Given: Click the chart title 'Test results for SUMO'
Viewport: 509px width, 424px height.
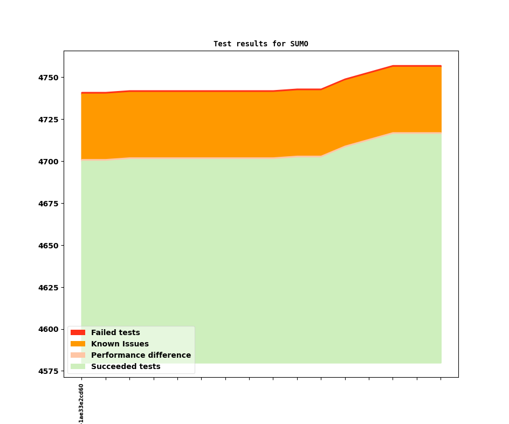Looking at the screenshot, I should coord(260,44).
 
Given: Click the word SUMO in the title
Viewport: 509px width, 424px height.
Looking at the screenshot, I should coord(299,44).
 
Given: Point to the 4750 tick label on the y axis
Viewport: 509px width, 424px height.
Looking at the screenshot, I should coord(49,78).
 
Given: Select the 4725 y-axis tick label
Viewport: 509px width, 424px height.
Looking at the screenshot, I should coord(49,120).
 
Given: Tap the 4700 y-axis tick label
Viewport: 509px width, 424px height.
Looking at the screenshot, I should coord(49,162).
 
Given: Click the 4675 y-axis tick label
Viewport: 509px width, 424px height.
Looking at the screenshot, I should coord(49,204).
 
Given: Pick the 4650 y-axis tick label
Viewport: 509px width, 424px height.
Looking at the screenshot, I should coord(49,246).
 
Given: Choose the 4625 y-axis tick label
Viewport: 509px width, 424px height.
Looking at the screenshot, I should coord(49,288).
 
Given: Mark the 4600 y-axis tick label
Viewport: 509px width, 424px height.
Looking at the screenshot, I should coord(49,330).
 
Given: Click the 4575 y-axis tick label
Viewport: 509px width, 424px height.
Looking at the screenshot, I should coord(49,371).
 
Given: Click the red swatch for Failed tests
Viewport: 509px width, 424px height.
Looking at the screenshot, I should coord(78,332).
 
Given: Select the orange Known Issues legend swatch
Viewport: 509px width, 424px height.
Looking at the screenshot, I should coord(78,344).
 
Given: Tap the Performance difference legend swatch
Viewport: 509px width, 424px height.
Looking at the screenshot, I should coord(78,355).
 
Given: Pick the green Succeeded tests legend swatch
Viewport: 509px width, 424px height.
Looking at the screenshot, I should coord(78,366).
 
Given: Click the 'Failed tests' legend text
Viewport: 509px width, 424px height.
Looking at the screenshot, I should coord(115,332).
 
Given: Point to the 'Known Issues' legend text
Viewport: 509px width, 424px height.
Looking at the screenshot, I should coord(120,344).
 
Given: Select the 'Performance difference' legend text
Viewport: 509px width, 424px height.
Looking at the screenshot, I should coord(141,355).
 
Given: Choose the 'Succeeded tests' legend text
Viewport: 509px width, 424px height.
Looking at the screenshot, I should coord(126,366).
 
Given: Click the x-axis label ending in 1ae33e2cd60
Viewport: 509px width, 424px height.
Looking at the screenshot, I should coord(81,403).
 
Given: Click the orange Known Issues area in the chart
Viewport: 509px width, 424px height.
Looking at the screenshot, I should coord(216,124).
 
